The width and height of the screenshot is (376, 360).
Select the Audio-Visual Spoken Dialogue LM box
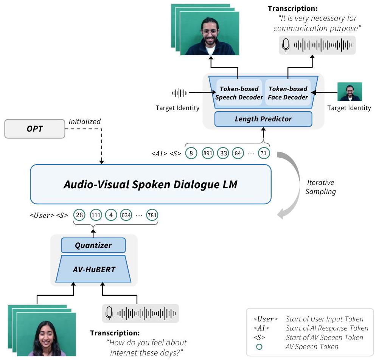coord(151,184)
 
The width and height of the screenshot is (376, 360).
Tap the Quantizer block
coord(93,245)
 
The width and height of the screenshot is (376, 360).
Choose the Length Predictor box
coord(263,119)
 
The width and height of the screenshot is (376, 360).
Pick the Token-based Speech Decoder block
coord(239,93)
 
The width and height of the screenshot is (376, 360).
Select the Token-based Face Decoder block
coord(288,93)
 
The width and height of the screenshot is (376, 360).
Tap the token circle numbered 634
coord(125,215)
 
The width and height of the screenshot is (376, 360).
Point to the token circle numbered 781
coord(152,215)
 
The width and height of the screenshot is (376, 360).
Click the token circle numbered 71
coord(264,154)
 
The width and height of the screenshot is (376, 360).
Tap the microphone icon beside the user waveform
coord(109,313)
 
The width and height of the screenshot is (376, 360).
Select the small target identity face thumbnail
coord(350,92)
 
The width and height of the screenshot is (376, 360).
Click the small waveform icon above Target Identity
coord(180,93)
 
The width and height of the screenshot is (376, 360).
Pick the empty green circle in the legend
coord(259,346)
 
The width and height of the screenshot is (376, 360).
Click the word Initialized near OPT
coord(85,121)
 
